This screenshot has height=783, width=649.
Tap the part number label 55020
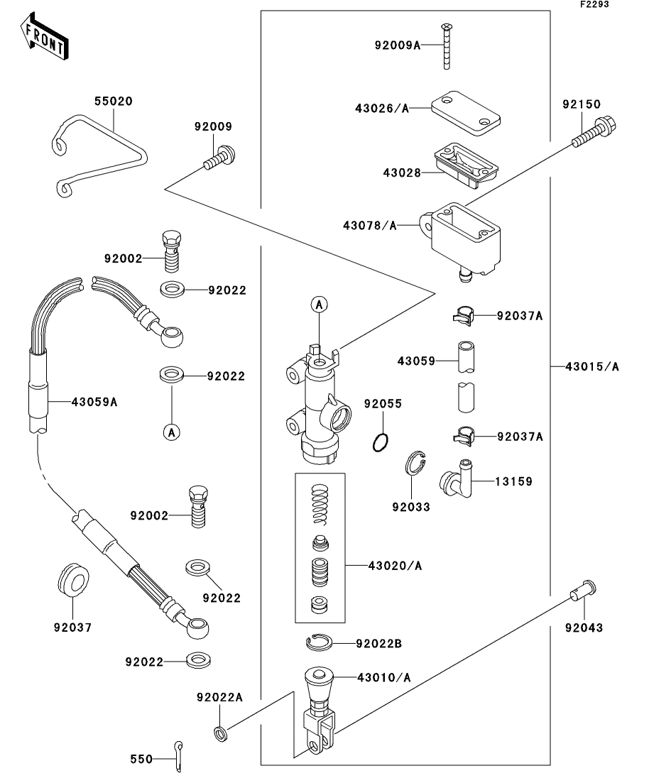pyautogui.click(x=113, y=102)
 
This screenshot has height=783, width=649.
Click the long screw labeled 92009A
pyautogui.click(x=445, y=47)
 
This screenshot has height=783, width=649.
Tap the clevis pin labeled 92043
pyautogui.click(x=582, y=588)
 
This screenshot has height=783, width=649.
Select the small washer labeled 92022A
pyautogui.click(x=221, y=733)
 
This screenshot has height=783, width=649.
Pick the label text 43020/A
pyautogui.click(x=395, y=566)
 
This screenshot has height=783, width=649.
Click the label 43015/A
pyautogui.click(x=591, y=367)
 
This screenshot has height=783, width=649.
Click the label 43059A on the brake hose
pyautogui.click(x=94, y=402)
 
